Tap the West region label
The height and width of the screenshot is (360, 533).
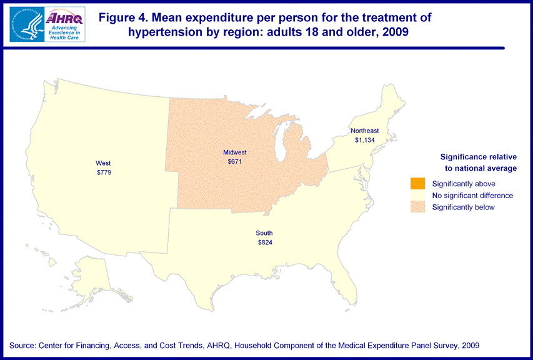click(x=104, y=163)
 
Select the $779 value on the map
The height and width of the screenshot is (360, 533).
click(x=104, y=172)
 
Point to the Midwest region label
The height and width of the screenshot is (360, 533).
click(x=235, y=152)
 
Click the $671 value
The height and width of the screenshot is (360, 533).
click(x=235, y=161)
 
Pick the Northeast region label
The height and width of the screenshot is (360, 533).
click(x=364, y=131)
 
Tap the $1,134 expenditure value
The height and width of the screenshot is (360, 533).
click(x=364, y=139)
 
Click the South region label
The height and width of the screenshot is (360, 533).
click(x=264, y=233)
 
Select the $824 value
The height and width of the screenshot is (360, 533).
click(x=264, y=242)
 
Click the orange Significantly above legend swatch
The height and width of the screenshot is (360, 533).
click(x=417, y=183)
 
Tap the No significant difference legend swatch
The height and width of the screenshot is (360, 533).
click(x=417, y=195)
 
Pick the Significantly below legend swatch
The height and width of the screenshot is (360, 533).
click(x=417, y=207)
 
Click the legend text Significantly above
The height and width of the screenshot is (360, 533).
click(x=464, y=184)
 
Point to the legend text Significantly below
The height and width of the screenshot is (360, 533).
click(x=463, y=207)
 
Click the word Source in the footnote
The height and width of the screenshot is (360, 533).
click(x=22, y=346)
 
